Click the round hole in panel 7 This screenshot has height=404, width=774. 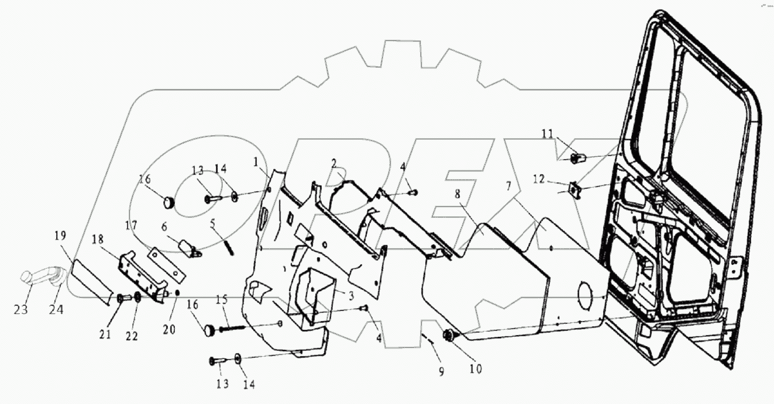point(588,292)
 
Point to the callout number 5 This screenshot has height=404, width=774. point(213,222)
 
